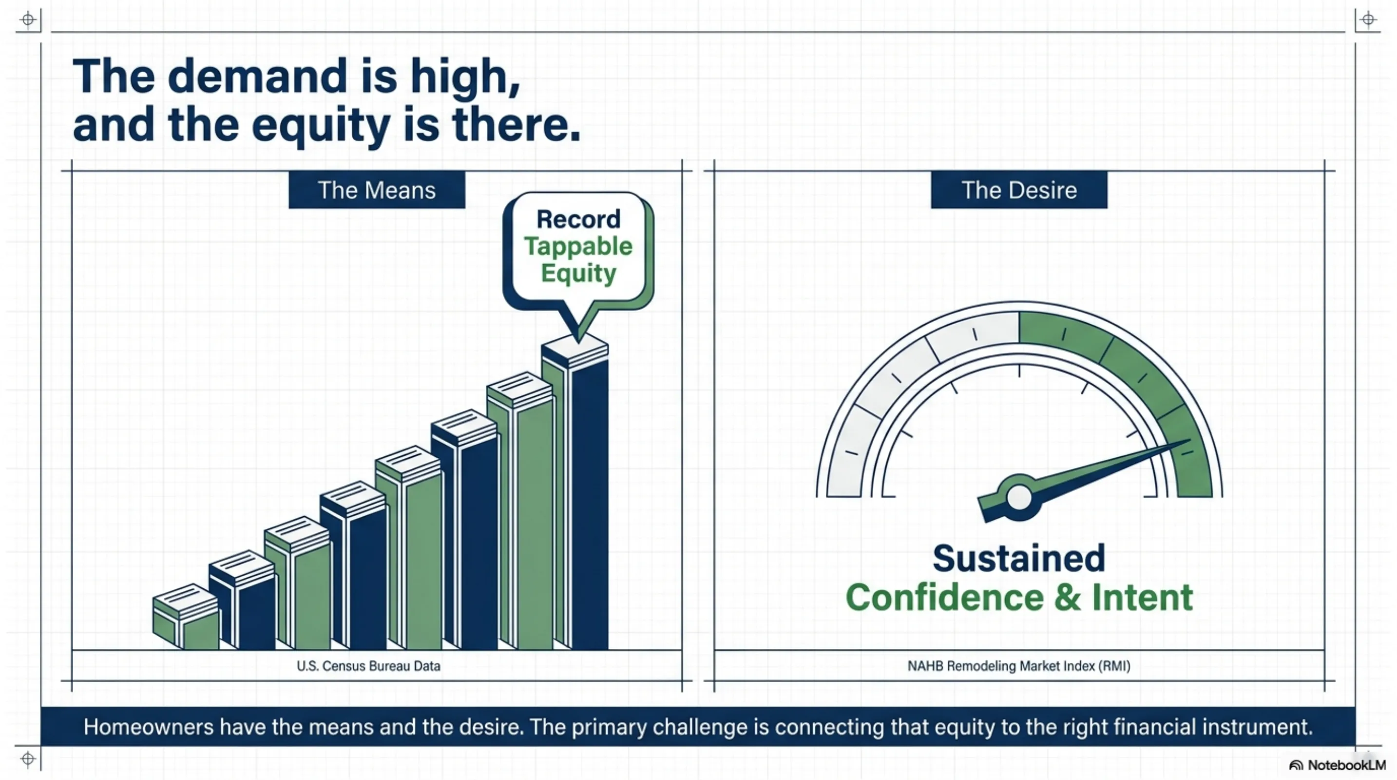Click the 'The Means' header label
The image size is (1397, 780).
click(376, 190)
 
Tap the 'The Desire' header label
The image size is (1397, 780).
click(1019, 190)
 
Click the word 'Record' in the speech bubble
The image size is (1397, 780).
click(578, 219)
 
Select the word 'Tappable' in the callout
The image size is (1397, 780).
click(578, 246)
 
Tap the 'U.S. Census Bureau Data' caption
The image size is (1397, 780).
click(368, 665)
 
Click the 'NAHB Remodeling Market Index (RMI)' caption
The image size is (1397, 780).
click(1019, 665)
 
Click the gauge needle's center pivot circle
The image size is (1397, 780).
click(1019, 497)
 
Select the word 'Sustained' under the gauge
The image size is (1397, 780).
click(1019, 558)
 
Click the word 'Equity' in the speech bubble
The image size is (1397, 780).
click(578, 273)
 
